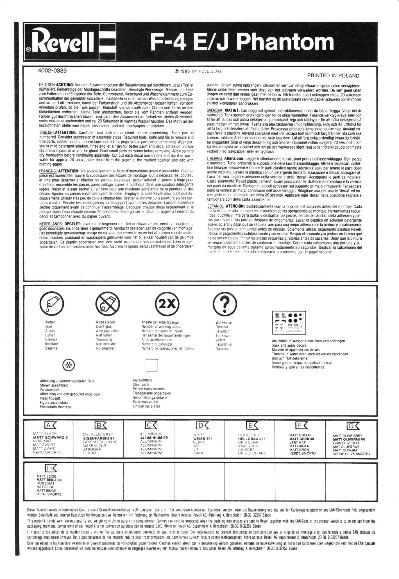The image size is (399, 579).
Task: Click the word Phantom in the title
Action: (286, 42)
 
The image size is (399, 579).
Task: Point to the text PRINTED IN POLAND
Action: (333, 76)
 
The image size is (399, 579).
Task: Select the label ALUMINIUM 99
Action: (154, 438)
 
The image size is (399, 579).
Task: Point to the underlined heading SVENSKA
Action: (215, 111)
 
